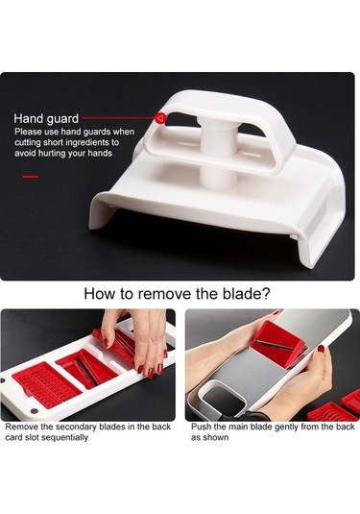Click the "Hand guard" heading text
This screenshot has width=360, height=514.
click(x=46, y=119)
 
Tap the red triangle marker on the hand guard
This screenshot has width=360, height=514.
click(x=160, y=118)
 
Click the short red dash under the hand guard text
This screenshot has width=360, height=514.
click(x=31, y=177)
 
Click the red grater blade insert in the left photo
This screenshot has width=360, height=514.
click(x=46, y=383)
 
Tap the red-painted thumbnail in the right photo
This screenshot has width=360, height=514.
click(x=321, y=349)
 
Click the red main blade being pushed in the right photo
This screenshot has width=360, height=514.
click(x=280, y=343)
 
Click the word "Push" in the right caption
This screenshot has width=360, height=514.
click(x=200, y=427)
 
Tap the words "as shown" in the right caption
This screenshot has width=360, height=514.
click(x=210, y=437)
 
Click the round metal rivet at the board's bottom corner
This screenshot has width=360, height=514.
click(x=34, y=411)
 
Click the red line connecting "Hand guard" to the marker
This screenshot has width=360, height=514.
click(x=118, y=117)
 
